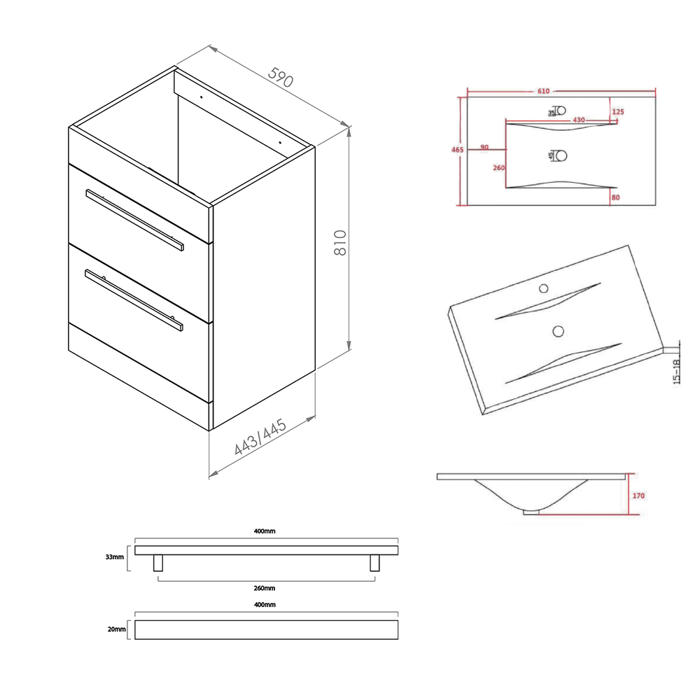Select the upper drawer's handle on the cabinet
click(x=134, y=219)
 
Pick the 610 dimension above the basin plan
click(x=544, y=91)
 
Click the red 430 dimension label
click(x=579, y=120)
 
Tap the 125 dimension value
click(x=617, y=112)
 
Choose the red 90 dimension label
click(x=484, y=147)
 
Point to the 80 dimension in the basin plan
click(x=615, y=197)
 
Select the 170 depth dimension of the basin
click(x=638, y=496)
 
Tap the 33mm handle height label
click(x=115, y=557)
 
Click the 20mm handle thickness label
click(x=116, y=629)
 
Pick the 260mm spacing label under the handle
click(x=265, y=588)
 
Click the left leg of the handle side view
click(x=158, y=563)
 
